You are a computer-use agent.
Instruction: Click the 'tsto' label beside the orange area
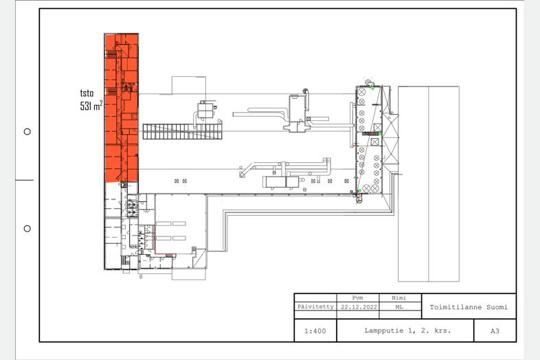87,93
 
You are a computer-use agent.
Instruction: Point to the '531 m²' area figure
91,105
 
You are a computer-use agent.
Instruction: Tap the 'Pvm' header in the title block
357,297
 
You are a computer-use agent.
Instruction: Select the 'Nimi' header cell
398,297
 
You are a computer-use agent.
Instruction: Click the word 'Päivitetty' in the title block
315,306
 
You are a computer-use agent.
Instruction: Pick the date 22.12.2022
359,306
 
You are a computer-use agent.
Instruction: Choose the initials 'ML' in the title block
398,306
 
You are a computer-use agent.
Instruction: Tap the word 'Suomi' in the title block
497,307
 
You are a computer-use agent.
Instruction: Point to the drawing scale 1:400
315,331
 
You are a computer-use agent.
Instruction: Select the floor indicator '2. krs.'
436,330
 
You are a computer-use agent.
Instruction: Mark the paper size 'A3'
495,331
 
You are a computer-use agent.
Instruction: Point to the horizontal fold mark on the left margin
24,180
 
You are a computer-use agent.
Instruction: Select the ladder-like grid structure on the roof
182,132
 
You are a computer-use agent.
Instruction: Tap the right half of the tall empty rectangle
444,183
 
